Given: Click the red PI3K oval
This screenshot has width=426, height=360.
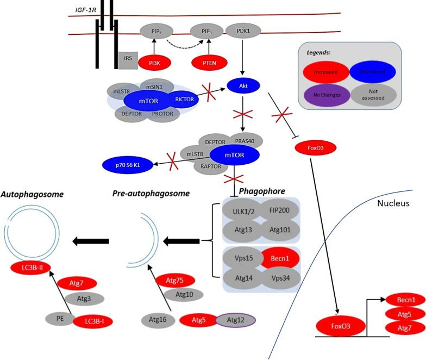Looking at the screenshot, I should click(x=154, y=63).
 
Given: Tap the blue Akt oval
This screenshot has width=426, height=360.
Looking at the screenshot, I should click(x=243, y=85).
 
